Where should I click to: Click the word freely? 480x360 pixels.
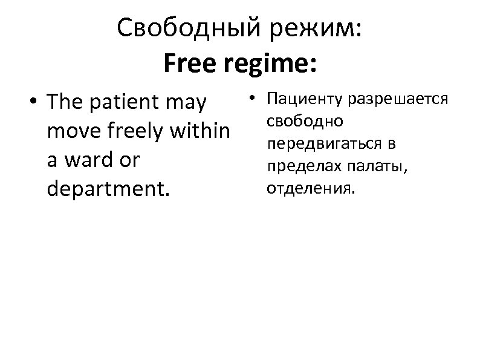[140, 131]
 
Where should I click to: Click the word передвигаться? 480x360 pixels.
[322, 143]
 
